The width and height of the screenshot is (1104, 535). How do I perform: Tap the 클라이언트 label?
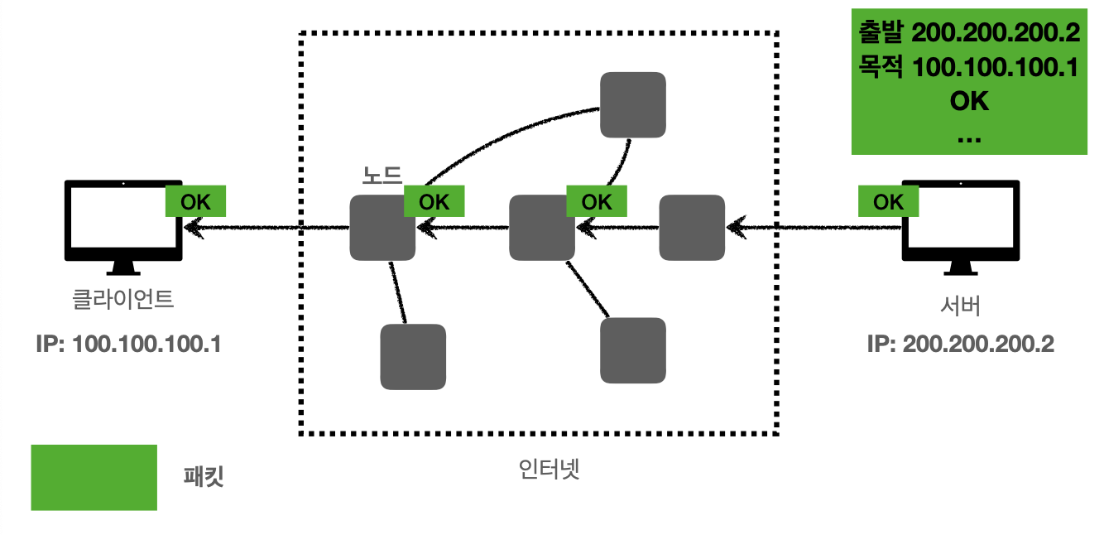click(x=123, y=298)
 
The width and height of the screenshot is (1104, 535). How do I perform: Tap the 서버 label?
click(x=960, y=306)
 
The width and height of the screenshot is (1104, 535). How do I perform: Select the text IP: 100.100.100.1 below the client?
click(x=127, y=344)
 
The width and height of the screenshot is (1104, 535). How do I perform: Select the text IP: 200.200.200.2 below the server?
click(x=960, y=344)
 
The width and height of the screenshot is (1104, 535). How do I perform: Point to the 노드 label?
click(x=382, y=176)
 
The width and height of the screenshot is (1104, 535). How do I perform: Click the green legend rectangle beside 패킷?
click(x=94, y=477)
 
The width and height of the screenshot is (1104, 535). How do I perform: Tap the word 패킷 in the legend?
click(x=203, y=478)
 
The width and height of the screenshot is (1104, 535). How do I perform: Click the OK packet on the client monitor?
click(x=195, y=201)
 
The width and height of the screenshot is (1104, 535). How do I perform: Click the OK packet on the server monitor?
click(x=888, y=201)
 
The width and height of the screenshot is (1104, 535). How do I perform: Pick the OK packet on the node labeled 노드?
click(x=434, y=201)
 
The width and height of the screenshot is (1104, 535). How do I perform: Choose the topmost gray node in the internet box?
click(x=632, y=104)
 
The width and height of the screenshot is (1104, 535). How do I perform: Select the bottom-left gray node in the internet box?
click(x=413, y=356)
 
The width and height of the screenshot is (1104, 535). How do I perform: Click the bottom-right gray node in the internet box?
click(x=632, y=349)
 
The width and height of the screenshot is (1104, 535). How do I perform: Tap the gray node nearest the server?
click(x=691, y=227)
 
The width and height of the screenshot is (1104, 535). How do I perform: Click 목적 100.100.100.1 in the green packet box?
click(x=968, y=67)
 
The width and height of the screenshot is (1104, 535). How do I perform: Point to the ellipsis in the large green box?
click(x=968, y=137)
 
